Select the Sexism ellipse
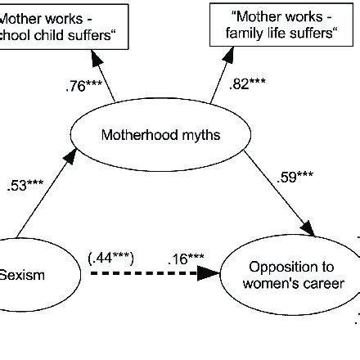click(x=37, y=274)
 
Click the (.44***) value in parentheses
click(x=110, y=259)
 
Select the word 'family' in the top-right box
click(x=249, y=34)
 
